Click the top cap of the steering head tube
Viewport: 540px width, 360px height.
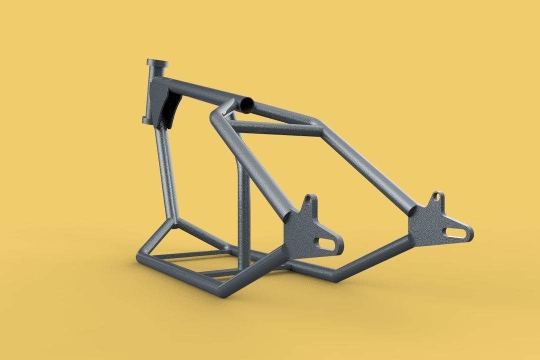pyautogui.click(x=157, y=63)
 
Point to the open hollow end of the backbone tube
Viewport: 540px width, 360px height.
pyautogui.click(x=246, y=103)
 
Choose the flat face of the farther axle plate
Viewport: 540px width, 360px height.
pyautogui.click(x=427, y=220)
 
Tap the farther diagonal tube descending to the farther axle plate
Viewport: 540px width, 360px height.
pyautogui.click(x=370, y=165)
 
